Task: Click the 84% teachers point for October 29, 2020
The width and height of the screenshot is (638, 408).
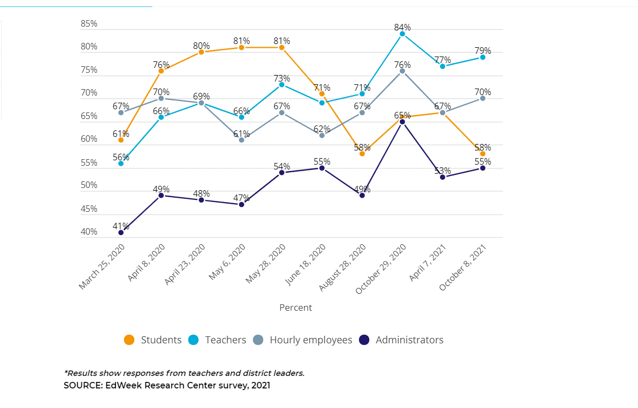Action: click(402, 34)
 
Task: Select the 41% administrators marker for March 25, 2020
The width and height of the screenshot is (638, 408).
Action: click(121, 233)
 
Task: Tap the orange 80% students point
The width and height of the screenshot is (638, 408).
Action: click(201, 52)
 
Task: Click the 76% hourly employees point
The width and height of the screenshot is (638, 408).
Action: click(402, 71)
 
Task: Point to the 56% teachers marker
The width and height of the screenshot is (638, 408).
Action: click(121, 163)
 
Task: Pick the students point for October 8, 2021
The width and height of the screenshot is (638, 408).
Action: click(482, 154)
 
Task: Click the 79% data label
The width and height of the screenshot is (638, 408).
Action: click(482, 51)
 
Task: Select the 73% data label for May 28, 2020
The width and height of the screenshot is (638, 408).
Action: click(282, 79)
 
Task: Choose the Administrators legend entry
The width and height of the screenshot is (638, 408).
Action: click(402, 340)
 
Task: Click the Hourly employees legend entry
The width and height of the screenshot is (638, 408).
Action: click(303, 340)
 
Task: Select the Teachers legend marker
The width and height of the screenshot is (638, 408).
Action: click(193, 340)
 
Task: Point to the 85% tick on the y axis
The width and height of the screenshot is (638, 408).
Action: click(89, 24)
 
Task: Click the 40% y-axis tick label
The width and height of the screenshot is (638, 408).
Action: click(89, 232)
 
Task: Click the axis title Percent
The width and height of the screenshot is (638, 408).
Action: click(295, 307)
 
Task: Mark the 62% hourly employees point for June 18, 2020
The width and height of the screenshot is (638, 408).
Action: click(322, 135)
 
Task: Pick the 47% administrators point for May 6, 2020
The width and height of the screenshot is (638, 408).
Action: click(241, 204)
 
